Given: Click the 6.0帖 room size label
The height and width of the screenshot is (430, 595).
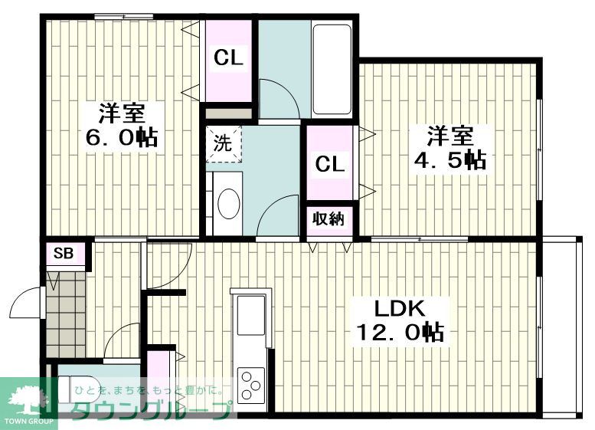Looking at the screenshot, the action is [x=122, y=137].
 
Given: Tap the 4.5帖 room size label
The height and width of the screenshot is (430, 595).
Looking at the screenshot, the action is [x=450, y=160].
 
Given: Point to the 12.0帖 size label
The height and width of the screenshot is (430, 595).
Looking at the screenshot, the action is [x=400, y=332].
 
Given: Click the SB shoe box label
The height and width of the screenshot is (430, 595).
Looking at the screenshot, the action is [x=64, y=253].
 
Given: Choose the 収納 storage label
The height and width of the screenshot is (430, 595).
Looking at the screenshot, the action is [x=329, y=218].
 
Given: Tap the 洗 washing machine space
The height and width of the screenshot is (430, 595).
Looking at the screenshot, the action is [x=224, y=143].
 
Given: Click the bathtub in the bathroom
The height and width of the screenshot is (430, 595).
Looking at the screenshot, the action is [x=332, y=69].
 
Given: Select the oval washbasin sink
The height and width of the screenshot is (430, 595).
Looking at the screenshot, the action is [x=229, y=204].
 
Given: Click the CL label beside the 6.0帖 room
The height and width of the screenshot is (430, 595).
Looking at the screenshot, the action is [x=228, y=57].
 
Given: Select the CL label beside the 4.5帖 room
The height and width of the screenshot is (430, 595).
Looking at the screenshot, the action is [x=330, y=164].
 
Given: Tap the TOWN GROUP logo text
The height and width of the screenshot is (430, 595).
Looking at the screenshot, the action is [x=29, y=422].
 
